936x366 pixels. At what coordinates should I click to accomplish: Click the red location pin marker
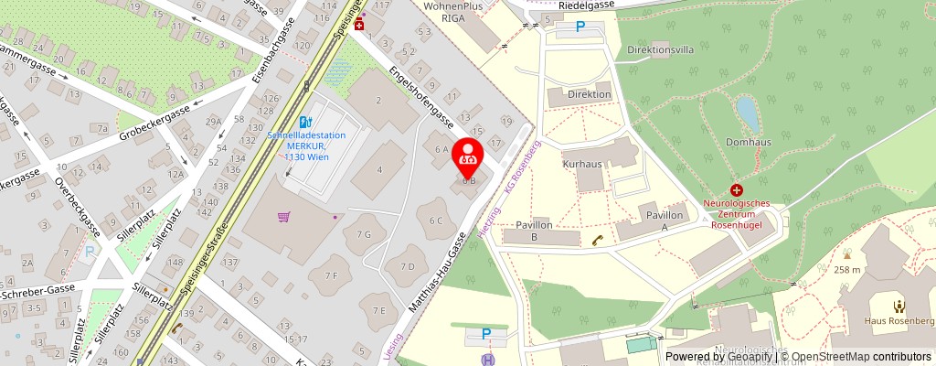469,154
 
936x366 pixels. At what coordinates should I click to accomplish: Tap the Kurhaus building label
581,162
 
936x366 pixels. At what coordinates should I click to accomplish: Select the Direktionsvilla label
660,50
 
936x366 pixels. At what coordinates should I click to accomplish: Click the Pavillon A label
664,220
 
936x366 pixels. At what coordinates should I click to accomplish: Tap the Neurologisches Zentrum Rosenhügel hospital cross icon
736,189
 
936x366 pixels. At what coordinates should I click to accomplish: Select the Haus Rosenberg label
899,321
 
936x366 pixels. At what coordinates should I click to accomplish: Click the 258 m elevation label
847,270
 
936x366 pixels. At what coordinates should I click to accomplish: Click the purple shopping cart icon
285,217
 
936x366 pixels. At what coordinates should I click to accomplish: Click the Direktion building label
589,94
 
